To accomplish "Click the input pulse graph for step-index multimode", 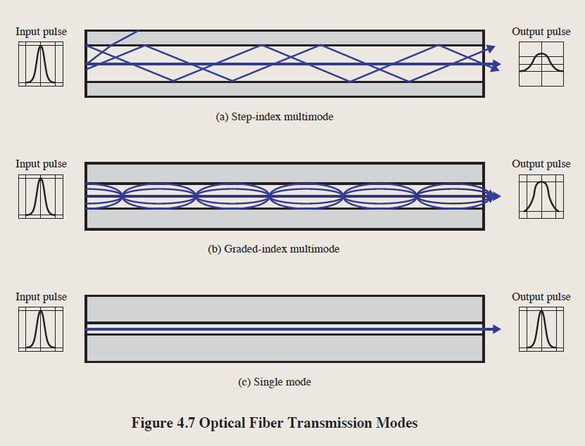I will tap(40, 64).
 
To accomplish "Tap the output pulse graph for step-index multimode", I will tap(541, 64).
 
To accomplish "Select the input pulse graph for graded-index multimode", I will tap(40, 196).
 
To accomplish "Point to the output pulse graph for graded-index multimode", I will tap(541, 196).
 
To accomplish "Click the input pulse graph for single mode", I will tap(40, 329).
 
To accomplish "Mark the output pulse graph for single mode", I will tap(541, 329).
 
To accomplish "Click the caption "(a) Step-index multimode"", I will tap(274, 117).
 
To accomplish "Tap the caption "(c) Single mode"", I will tap(275, 382).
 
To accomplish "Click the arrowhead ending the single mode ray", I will tap(497, 329).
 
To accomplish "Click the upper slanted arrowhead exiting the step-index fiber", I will tap(491, 48).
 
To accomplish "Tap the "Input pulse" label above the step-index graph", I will tap(41, 32).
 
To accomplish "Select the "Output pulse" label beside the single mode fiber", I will tap(541, 297).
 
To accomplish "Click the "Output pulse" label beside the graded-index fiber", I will tap(541, 164).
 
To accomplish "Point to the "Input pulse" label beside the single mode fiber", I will tap(41, 297).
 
